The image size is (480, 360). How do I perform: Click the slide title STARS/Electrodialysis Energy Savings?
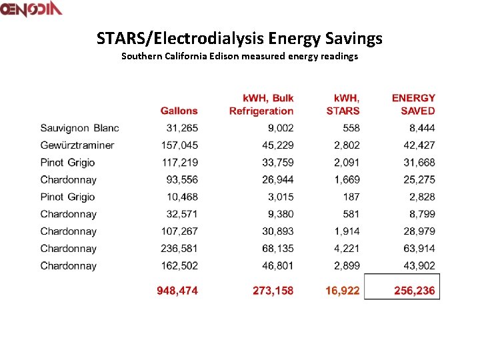tap(239, 38)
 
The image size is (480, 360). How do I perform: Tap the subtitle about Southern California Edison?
tap(239, 56)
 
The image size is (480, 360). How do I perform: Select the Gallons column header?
tap(179, 111)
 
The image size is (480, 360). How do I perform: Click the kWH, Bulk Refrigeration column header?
tap(261, 105)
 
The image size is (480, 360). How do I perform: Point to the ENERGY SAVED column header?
tap(413, 105)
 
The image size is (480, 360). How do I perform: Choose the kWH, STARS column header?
tap(343, 105)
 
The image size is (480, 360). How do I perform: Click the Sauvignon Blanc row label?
tap(79, 128)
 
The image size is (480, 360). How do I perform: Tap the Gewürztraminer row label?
tap(77, 145)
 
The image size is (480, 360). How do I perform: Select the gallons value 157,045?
tap(179, 145)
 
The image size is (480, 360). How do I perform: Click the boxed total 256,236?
tap(413, 291)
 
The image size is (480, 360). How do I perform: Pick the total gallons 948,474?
tap(177, 291)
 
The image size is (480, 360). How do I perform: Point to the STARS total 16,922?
tap(342, 291)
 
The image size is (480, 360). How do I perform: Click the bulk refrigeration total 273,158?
tap(273, 291)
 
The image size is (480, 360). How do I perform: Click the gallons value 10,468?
tap(182, 197)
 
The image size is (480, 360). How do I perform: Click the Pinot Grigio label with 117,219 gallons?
tap(67, 163)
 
